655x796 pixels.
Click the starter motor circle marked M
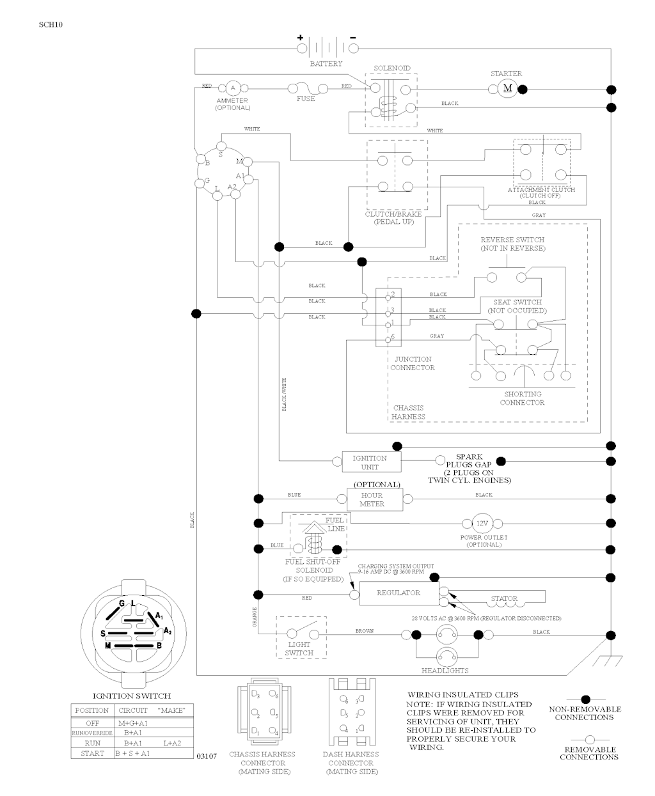tap(508, 88)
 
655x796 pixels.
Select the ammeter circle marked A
tap(233, 88)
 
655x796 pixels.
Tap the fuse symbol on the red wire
tap(306, 88)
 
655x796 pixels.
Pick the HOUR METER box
tap(374, 499)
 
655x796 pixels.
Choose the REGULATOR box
tap(399, 593)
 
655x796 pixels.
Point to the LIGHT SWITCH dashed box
tap(301, 636)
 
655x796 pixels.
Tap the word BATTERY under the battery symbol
tap(326, 64)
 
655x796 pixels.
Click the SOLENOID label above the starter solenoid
tap(391, 68)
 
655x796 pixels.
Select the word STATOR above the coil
tap(504, 599)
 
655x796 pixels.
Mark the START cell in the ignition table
tap(92, 753)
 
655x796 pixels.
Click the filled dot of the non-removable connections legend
tap(585, 700)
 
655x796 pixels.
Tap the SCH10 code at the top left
tap(51, 25)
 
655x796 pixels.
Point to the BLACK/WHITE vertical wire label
tap(284, 394)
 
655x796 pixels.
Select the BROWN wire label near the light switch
tap(365, 631)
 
